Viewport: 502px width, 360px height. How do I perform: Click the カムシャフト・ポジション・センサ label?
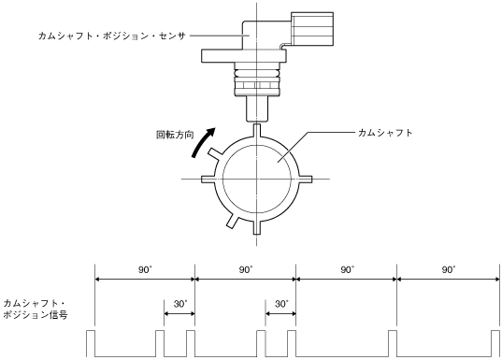(x=112, y=36)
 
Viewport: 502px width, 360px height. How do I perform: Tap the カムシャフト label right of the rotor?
(x=385, y=133)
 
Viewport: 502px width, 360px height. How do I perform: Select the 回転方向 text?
(x=175, y=135)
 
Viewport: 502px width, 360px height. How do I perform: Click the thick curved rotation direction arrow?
(x=202, y=143)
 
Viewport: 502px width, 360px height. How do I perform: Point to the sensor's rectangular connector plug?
(x=312, y=29)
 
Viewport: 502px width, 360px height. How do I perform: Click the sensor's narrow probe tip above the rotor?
(x=256, y=109)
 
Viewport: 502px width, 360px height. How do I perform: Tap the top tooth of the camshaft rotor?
(x=257, y=131)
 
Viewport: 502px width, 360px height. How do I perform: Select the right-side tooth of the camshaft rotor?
(x=305, y=179)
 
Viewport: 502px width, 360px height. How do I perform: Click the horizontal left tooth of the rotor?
(x=208, y=179)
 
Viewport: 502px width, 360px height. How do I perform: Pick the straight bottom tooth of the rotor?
(x=257, y=227)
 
